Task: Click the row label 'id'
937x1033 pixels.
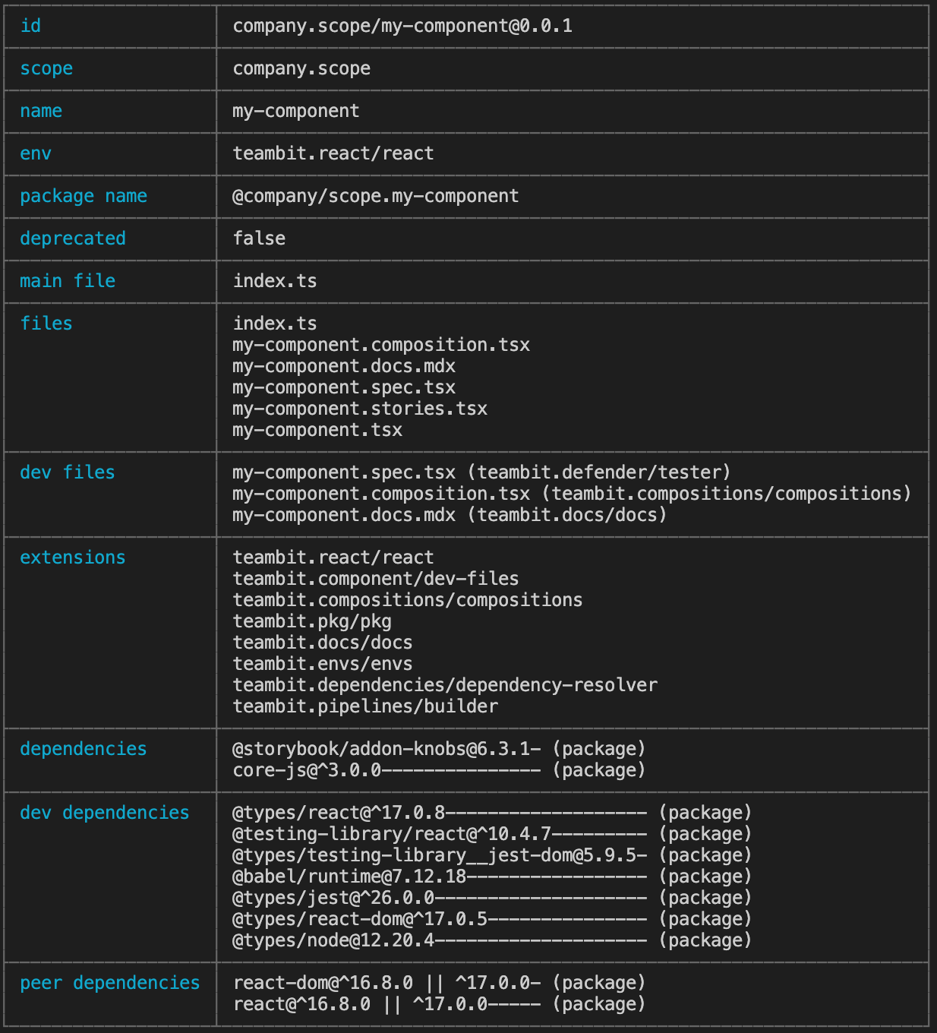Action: tap(30, 26)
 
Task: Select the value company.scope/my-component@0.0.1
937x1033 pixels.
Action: tap(402, 26)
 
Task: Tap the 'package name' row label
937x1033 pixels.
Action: tap(84, 196)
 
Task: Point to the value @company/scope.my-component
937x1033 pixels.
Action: tap(376, 196)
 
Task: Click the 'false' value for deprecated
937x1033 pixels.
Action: tap(259, 239)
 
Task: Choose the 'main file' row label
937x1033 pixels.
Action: tap(68, 281)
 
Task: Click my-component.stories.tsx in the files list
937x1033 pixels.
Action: tap(360, 409)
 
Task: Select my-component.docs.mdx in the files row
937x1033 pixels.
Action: tap(344, 366)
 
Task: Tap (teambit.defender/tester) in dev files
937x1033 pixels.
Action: tap(599, 472)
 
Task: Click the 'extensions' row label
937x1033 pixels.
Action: tap(73, 558)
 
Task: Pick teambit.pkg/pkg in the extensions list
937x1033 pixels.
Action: tap(312, 621)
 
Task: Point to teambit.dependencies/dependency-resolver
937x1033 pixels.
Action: tap(445, 685)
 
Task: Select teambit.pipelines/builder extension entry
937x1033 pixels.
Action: tap(365, 706)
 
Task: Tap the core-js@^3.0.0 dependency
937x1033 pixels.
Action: tap(307, 770)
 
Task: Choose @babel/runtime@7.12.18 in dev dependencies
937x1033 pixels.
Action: tap(349, 877)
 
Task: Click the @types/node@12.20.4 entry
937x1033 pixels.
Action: tap(333, 940)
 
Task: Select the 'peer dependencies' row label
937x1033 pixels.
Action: tap(110, 983)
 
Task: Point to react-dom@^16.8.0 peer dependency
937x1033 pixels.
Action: tap(323, 983)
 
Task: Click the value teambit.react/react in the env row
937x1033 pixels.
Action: tap(333, 153)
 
